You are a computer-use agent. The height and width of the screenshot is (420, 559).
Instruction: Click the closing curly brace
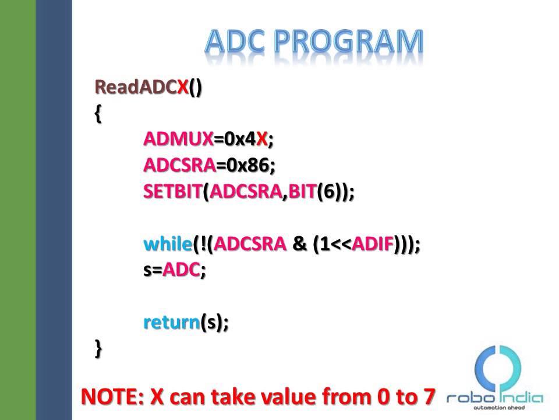98,348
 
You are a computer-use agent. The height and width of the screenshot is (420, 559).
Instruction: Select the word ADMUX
178,139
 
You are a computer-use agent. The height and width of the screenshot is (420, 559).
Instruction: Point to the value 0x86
249,165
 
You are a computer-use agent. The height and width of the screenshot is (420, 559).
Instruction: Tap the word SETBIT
173,191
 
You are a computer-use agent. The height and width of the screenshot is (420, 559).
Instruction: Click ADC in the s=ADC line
181,271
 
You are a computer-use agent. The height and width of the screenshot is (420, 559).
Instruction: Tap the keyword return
172,322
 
